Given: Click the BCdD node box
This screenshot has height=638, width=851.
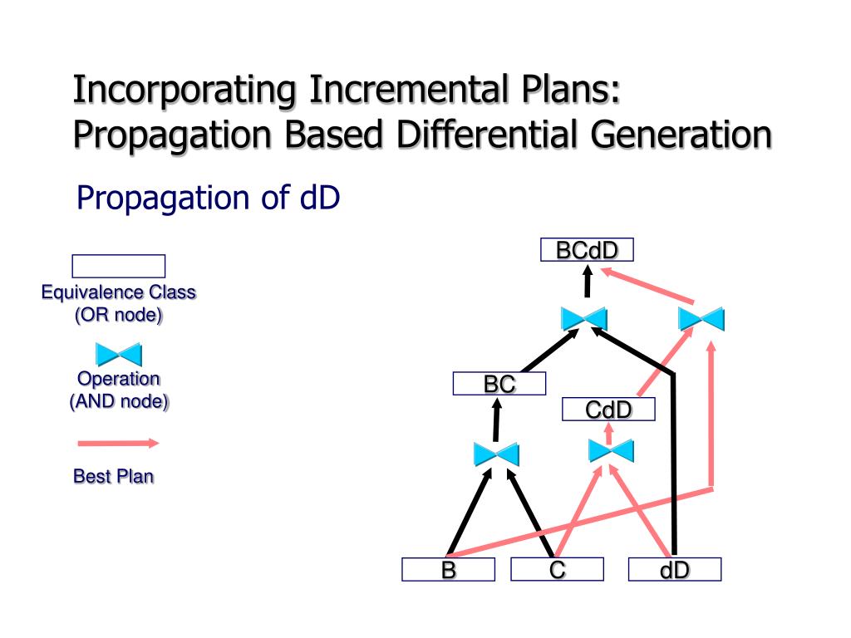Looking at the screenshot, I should (x=587, y=250).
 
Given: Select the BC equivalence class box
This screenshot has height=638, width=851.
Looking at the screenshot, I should (x=499, y=384).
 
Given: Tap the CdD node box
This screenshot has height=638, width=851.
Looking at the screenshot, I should (x=608, y=410).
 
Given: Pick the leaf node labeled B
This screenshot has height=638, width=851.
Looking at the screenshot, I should (x=449, y=570).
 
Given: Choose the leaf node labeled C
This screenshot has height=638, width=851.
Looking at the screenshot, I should (x=557, y=570).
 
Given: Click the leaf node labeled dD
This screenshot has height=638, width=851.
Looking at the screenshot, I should (x=675, y=570).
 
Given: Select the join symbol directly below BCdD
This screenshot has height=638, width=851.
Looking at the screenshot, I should (x=584, y=319).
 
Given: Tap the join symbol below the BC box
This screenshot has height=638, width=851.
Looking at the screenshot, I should (x=496, y=454).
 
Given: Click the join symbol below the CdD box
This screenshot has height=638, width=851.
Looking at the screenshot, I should (x=611, y=451).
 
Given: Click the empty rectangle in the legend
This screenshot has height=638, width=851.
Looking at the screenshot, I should (x=119, y=266).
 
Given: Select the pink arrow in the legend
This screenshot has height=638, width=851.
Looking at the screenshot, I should (x=118, y=444).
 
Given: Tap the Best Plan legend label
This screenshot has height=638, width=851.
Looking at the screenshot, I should (x=114, y=477).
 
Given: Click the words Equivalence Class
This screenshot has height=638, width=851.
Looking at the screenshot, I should (x=119, y=292).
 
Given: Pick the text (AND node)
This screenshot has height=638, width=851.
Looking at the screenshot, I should (x=118, y=402).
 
